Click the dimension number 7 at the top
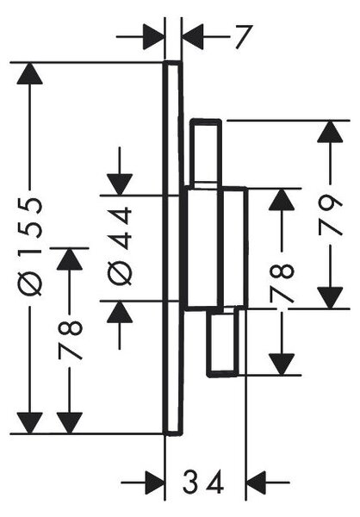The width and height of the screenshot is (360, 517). coord(245,37)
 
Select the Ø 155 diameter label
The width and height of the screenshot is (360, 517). coord(30,246)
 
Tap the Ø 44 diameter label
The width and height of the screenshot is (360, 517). coord(120,246)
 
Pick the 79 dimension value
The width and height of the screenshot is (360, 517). coord(331,215)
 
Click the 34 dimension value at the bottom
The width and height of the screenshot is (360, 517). coord(203,482)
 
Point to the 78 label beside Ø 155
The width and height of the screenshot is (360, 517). coord(70,339)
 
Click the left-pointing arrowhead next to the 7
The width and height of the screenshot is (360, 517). coord(193,37)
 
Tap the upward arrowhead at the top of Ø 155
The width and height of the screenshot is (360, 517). coord(29,73)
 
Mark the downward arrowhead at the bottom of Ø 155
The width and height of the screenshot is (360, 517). coord(29,423)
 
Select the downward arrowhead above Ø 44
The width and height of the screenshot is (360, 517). coord(120,184)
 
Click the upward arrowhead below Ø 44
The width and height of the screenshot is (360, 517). coord(120,312)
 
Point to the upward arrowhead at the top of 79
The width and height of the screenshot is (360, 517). coord(330,132)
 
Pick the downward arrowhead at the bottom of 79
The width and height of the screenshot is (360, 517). coord(330,298)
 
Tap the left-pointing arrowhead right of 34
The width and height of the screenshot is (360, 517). coord(257,483)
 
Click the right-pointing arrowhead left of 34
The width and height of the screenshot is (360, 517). coord(154,483)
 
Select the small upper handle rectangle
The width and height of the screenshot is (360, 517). coord(205,153)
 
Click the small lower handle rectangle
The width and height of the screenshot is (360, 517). coord(223,341)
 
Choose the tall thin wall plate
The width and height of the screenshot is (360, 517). coord(172,248)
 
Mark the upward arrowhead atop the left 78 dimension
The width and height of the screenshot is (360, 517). coord(69,259)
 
